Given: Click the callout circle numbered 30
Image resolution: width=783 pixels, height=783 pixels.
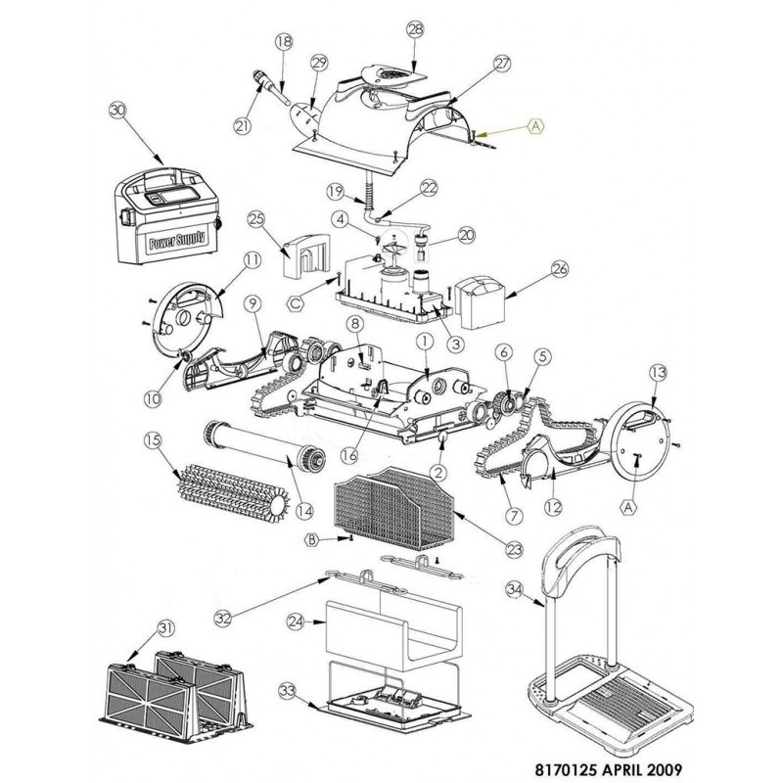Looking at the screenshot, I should (119, 111).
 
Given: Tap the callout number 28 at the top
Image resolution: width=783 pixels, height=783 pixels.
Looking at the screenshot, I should (414, 30).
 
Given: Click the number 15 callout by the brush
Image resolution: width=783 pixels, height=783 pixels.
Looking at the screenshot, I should (152, 441).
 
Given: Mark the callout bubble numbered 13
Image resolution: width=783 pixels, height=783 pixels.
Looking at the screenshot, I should (657, 373).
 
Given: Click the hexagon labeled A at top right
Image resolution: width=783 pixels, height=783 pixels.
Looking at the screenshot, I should (536, 125).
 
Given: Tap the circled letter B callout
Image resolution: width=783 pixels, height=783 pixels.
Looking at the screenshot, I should (312, 539).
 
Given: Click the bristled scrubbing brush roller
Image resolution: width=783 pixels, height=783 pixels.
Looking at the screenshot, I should (230, 486).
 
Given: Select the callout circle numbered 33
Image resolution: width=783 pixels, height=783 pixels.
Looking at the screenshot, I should (287, 691).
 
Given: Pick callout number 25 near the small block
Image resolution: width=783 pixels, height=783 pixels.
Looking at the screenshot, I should (257, 218).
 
